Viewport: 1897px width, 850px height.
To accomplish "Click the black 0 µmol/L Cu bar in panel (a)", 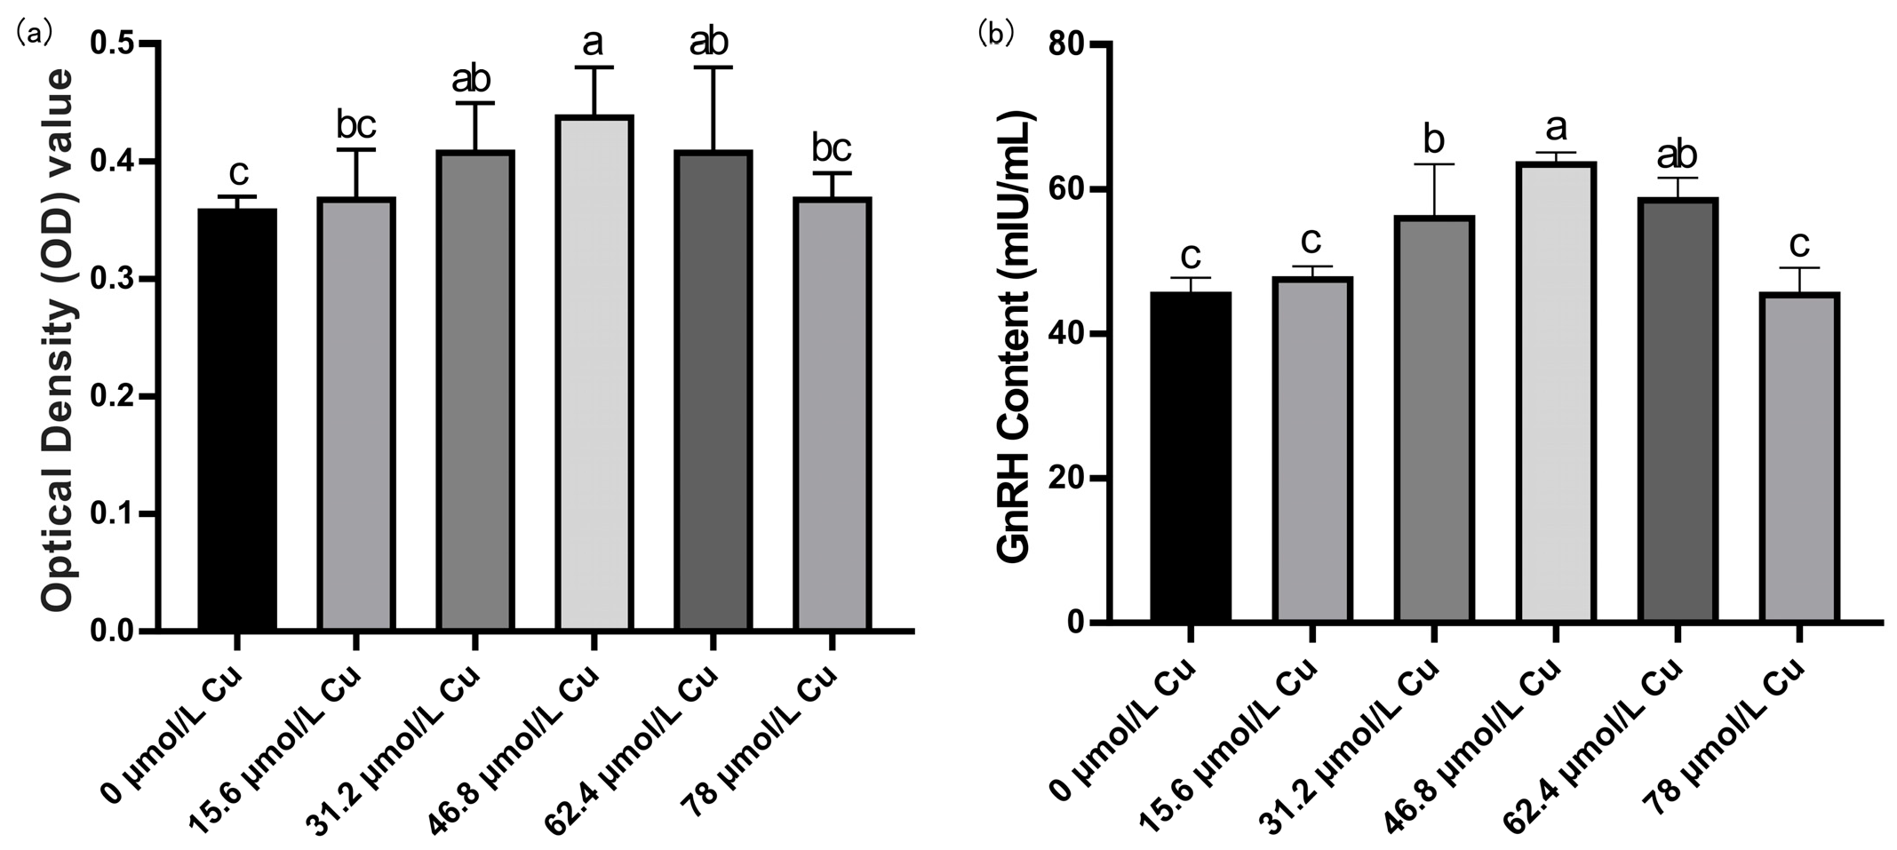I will [x=236, y=419].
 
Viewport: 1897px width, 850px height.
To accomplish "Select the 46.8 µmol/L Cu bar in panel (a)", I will [x=594, y=373].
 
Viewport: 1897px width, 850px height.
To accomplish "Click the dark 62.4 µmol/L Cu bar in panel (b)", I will [x=1677, y=410].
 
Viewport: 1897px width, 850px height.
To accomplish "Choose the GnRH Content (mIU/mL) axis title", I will [x=1015, y=338].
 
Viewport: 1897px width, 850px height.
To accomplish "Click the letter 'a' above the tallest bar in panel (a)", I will [x=594, y=41].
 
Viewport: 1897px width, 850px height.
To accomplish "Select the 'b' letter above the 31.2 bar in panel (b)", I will [x=1433, y=139].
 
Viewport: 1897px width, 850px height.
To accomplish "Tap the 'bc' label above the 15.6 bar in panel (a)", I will [x=355, y=125].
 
